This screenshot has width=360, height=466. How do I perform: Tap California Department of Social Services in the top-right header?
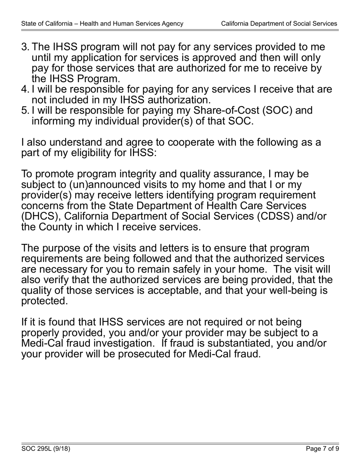279,23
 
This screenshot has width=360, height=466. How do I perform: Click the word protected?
45,301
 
